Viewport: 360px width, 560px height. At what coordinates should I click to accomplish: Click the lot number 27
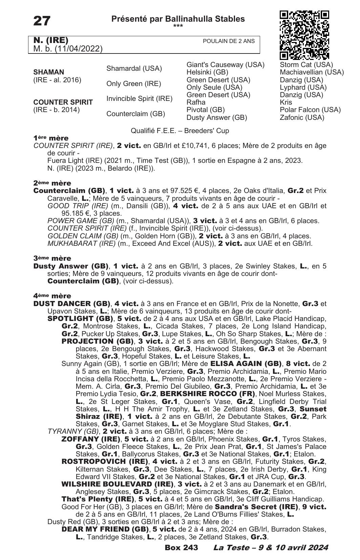[x=42, y=21]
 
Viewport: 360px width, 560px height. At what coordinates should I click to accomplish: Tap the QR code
[x=304, y=35]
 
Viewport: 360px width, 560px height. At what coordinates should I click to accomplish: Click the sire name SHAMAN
[x=49, y=72]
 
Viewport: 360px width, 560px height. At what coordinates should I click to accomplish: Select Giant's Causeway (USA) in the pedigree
[x=225, y=65]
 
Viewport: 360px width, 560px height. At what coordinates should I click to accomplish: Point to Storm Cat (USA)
[x=306, y=65]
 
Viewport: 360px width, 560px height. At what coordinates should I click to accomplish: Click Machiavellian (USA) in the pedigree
[x=312, y=72]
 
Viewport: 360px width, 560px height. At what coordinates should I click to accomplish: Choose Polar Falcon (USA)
[x=310, y=110]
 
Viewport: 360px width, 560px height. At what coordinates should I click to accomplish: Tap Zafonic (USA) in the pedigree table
[x=302, y=117]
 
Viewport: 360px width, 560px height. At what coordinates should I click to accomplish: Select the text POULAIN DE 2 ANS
[x=229, y=41]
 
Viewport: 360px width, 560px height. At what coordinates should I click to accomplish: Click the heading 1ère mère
[x=51, y=138]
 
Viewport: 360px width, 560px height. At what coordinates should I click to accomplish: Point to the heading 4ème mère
[x=52, y=296]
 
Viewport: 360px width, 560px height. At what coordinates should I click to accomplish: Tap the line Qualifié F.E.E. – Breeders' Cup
[x=180, y=131]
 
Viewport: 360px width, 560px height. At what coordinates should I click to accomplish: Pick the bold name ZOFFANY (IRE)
[x=90, y=439]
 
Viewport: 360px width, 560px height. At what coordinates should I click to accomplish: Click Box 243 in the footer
[x=181, y=548]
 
